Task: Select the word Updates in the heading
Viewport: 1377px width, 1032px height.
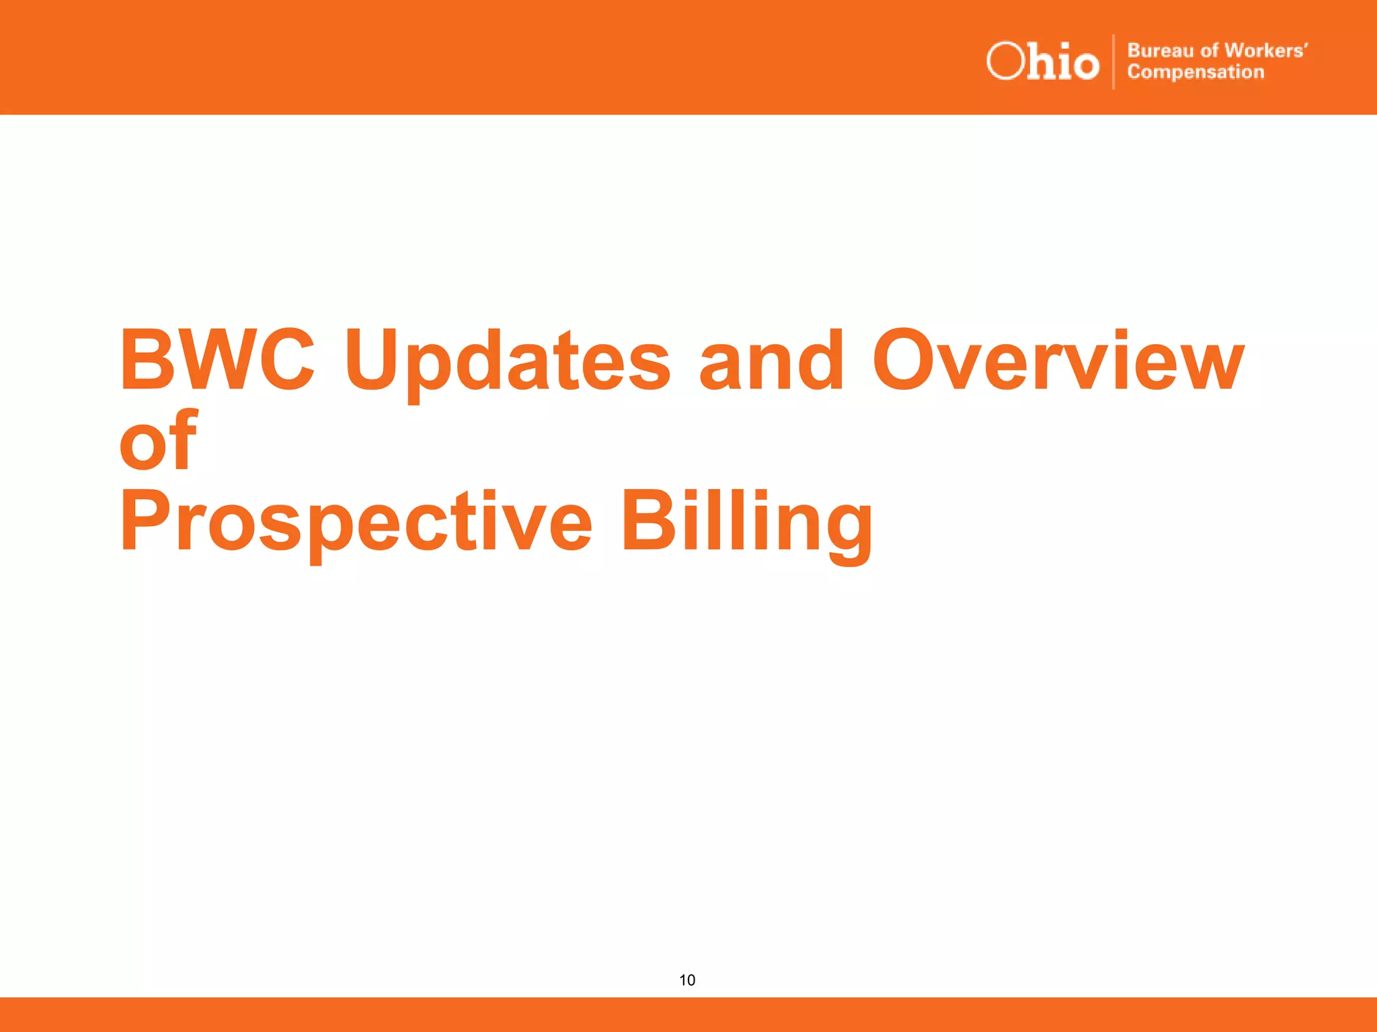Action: (x=508, y=363)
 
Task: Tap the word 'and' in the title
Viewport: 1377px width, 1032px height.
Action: (x=771, y=361)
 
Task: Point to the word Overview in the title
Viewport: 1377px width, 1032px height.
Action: (x=1058, y=361)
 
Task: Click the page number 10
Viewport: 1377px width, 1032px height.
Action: (x=687, y=980)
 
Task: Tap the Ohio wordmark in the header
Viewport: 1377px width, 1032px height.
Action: (x=1043, y=62)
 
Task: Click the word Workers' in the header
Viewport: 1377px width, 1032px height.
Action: (x=1266, y=50)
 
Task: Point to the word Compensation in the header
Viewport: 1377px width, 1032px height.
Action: (x=1195, y=72)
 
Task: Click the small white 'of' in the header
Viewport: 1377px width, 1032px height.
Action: (x=1210, y=51)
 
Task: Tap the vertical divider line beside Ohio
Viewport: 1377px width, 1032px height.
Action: (x=1113, y=62)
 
